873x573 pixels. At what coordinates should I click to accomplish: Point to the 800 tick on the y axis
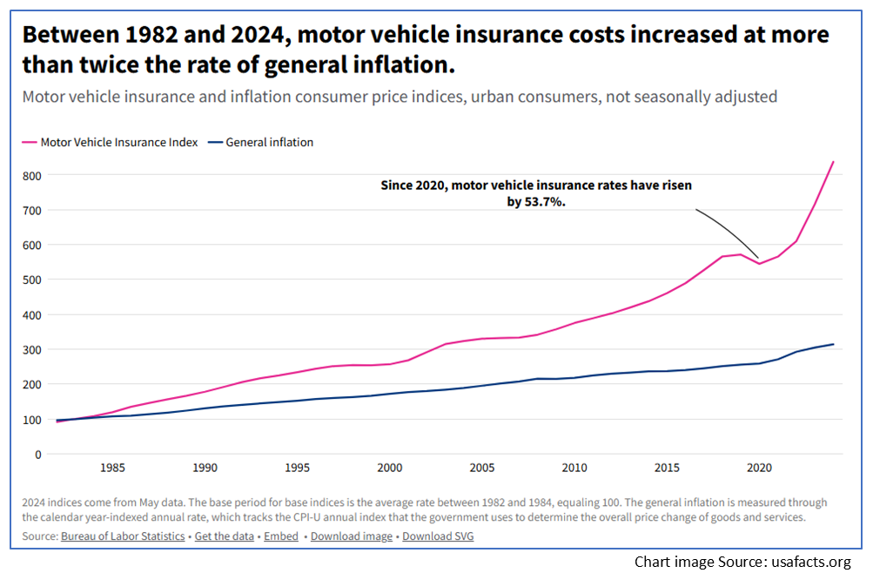32,175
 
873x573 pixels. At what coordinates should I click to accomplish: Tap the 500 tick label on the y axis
32,280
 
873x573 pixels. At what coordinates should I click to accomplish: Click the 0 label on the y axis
38,454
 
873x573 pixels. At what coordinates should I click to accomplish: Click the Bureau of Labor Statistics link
123,536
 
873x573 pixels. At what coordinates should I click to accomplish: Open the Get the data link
225,536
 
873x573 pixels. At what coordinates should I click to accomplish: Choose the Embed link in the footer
281,536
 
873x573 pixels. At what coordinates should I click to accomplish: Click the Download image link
350,536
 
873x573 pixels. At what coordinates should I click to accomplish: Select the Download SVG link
438,536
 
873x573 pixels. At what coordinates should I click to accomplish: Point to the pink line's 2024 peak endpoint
833,162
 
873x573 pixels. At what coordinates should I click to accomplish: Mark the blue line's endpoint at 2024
833,344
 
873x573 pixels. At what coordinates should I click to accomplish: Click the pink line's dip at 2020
758,263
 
